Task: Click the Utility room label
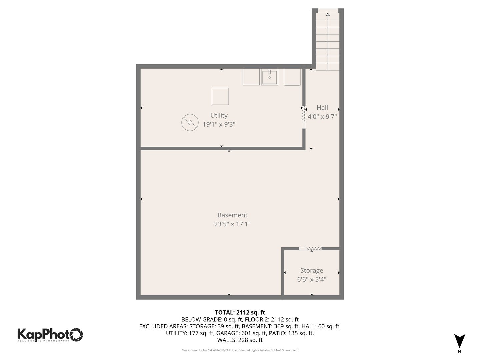219,115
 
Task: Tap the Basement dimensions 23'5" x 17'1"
232,224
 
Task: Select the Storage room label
312,270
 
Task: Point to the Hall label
322,107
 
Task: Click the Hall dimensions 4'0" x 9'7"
322,117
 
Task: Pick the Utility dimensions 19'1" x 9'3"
219,124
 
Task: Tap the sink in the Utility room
269,77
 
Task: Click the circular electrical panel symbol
190,122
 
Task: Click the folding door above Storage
314,249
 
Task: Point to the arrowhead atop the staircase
328,14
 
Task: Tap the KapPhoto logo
50,335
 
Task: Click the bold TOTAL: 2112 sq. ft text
240,312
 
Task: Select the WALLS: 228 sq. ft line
240,340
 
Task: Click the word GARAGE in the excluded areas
227,333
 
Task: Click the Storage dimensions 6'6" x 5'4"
312,279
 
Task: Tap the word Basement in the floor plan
232,215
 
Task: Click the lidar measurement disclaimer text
240,350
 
